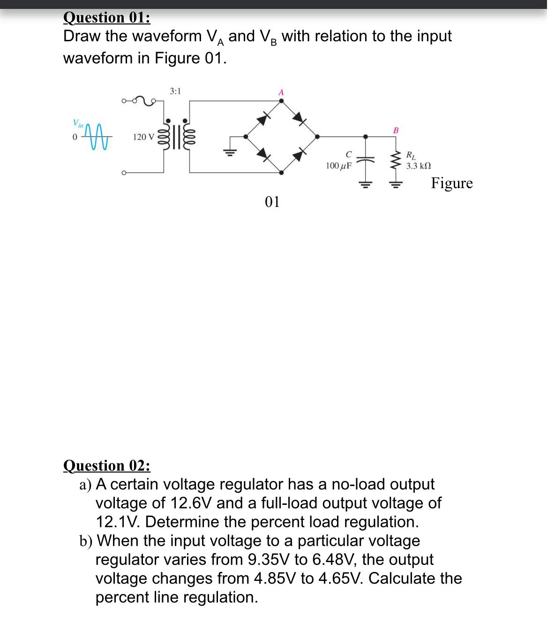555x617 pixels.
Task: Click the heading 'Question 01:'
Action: (107, 17)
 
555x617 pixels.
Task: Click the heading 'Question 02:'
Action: (107, 465)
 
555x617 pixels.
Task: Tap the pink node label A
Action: (281, 92)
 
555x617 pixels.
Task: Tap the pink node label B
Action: (395, 130)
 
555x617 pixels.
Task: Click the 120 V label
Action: (143, 137)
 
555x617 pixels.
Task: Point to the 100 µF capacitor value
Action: (338, 166)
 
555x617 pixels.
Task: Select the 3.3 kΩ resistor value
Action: (418, 166)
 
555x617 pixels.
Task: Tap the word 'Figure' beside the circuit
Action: (452, 183)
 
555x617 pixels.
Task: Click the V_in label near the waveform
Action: (77, 123)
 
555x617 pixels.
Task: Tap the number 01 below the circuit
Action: (272, 202)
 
